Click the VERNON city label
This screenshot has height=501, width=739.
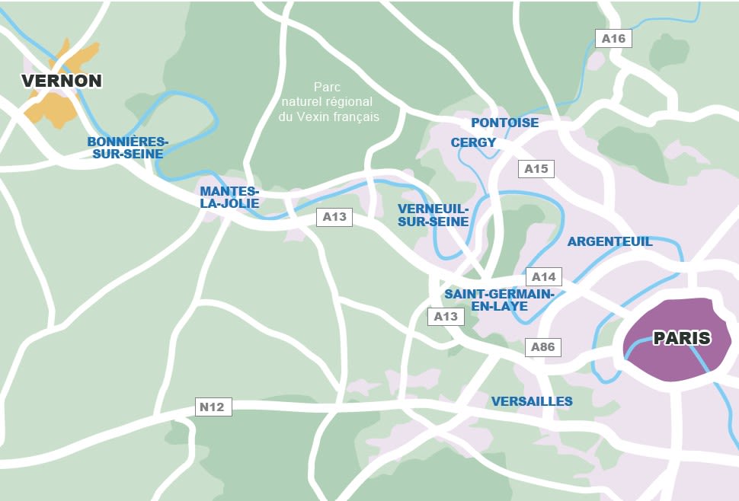click(62, 81)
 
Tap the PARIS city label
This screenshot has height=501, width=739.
click(681, 338)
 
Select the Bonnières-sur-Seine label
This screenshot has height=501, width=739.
click(127, 148)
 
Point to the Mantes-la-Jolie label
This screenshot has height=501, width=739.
click(229, 197)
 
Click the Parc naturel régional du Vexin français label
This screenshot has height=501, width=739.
click(330, 102)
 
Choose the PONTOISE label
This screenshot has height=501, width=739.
click(504, 123)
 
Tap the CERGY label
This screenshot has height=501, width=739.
click(473, 142)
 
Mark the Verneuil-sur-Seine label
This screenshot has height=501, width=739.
click(433, 215)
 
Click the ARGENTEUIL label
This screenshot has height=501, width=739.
click(609, 241)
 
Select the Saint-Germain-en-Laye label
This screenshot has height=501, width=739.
click(498, 300)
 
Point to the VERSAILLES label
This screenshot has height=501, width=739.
click(532, 401)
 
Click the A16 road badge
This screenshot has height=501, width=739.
click(613, 39)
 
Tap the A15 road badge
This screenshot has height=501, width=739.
click(536, 169)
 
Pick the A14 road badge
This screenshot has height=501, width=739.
click(543, 277)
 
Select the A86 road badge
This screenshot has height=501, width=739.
click(543, 347)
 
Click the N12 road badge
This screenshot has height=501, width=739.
click(212, 407)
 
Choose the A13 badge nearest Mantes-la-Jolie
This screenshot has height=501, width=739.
click(334, 217)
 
